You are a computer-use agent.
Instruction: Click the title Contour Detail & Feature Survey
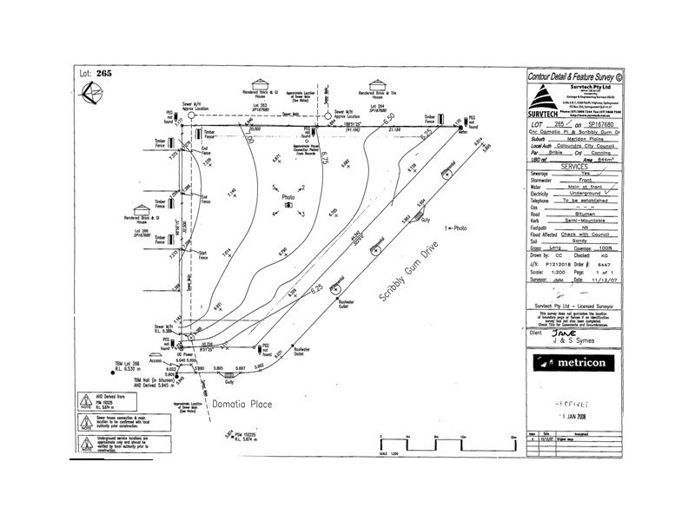[576, 76]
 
